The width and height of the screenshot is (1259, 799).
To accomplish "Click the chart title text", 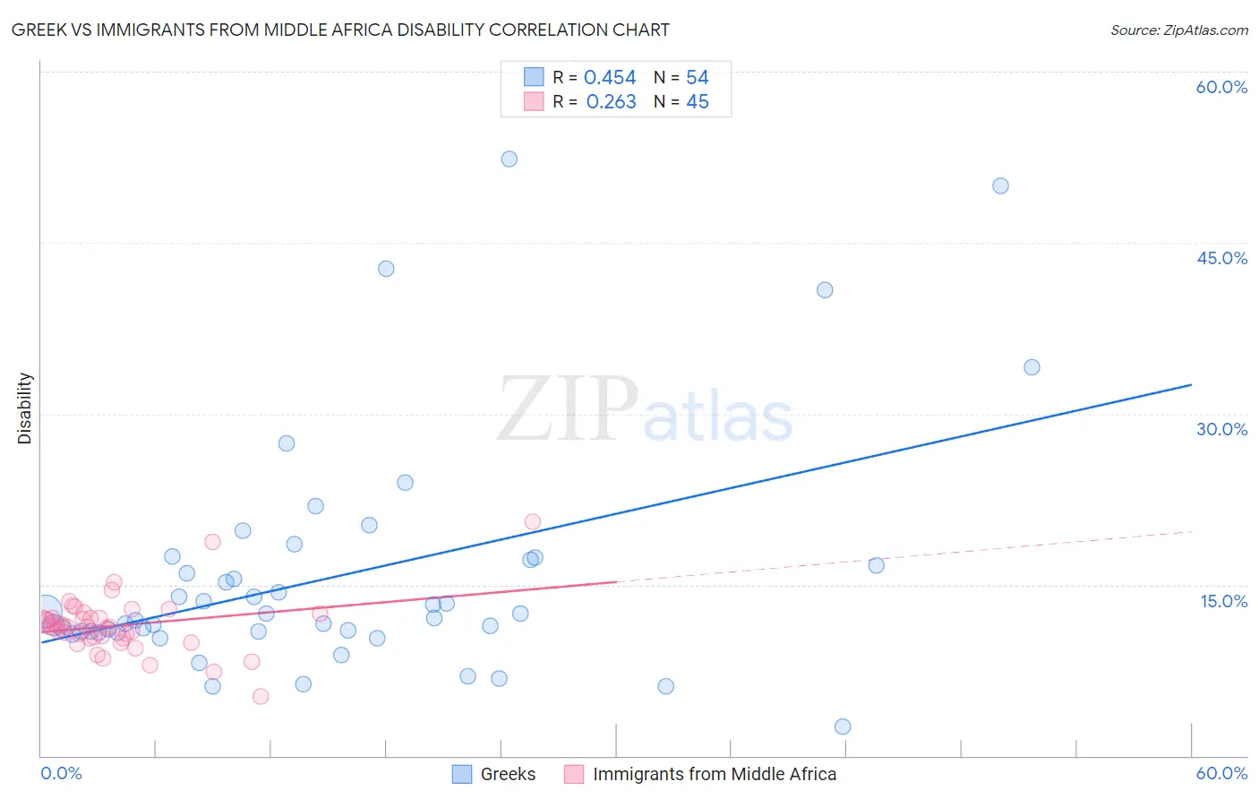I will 340,30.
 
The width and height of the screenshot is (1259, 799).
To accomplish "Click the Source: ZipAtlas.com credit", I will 1178,30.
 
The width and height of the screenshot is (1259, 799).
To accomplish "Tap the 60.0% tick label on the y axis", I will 1221,87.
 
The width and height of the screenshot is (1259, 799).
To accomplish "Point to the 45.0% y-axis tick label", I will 1221,258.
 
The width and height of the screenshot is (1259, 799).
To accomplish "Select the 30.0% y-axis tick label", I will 1221,429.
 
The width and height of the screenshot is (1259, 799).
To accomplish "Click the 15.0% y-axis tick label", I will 1223,600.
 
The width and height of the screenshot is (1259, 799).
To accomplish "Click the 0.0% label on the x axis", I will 61,773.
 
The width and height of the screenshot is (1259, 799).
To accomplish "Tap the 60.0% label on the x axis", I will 1221,773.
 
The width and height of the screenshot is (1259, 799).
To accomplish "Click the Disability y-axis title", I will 25,408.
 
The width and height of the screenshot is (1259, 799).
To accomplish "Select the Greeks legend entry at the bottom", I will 508,774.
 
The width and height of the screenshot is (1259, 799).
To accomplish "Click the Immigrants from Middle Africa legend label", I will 714,774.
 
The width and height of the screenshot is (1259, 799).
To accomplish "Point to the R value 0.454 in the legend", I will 610,78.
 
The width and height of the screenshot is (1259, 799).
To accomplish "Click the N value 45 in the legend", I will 697,102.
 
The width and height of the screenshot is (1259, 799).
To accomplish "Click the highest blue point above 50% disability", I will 509,159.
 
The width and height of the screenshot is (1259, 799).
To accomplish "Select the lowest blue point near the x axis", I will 843,726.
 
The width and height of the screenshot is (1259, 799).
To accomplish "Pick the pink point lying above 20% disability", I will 533,521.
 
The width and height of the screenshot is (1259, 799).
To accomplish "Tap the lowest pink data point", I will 261,696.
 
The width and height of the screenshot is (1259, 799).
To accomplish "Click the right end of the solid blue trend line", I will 1191,384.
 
